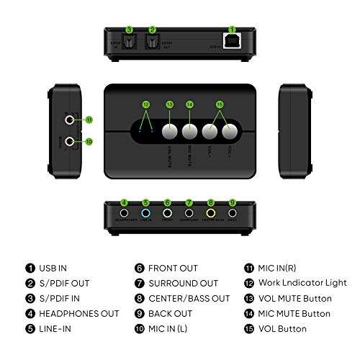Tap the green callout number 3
point(130,30)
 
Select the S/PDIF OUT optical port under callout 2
point(152,44)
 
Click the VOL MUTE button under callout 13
point(170,132)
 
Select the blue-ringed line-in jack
point(146,214)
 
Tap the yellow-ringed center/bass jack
point(211,214)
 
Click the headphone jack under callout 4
point(125,214)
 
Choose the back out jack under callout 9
point(232,214)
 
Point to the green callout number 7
point(189,202)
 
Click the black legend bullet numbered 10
point(138,329)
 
